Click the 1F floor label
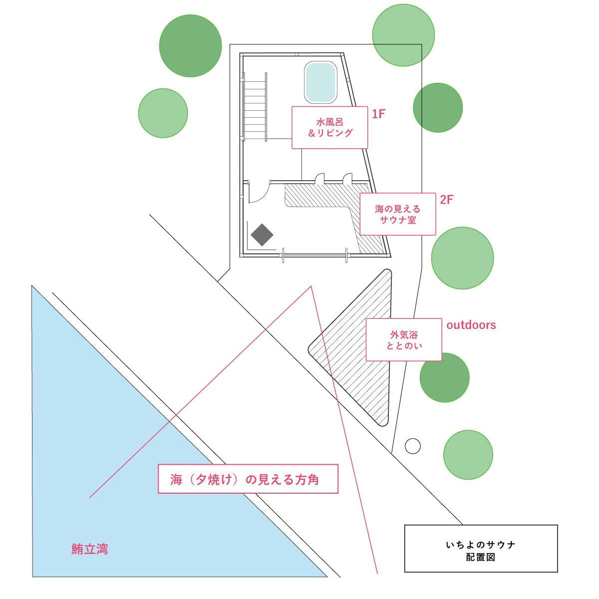tap(378, 114)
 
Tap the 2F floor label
tap(446, 200)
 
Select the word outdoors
tap(471, 325)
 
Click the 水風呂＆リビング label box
tap(329, 127)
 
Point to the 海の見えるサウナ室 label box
tap(397, 214)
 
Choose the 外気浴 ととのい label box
tap(403, 340)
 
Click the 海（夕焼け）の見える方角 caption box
tap(248, 479)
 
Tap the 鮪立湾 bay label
tap(89, 549)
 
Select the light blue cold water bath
tap(320, 82)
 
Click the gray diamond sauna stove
tap(262, 235)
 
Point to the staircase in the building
tap(255, 107)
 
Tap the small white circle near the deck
tap(412, 446)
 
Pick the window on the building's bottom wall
tap(314, 255)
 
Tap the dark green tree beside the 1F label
tap(437, 107)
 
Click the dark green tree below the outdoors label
tap(444, 377)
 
